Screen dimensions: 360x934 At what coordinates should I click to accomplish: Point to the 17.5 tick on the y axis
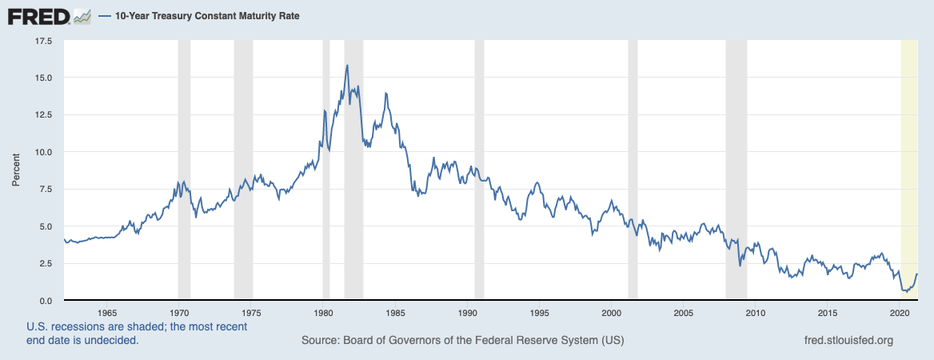(x=42, y=40)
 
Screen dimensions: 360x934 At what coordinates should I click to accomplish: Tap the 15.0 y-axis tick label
(x=42, y=78)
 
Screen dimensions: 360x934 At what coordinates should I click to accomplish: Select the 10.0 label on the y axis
(x=42, y=152)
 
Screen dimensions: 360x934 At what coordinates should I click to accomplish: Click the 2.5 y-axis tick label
(x=45, y=263)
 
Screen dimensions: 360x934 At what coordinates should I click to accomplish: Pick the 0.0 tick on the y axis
(x=45, y=301)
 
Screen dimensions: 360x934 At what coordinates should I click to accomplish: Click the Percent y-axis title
(x=15, y=170)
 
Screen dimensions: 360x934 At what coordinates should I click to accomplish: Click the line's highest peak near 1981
(x=347, y=66)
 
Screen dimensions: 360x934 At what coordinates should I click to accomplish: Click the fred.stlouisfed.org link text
(x=848, y=341)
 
